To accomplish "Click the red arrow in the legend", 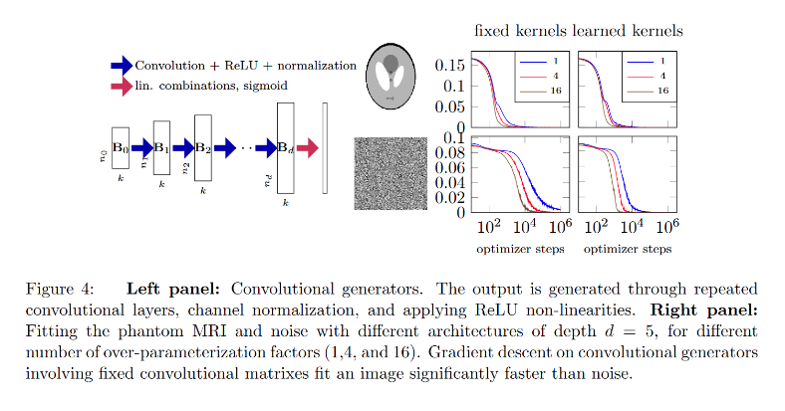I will (122, 87).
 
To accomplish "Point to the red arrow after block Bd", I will (307, 148).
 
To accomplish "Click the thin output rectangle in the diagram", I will (324, 147).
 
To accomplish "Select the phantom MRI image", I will (390, 76).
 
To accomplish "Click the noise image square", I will (390, 173).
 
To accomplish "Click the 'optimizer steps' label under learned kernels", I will (625, 249).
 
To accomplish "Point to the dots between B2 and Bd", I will (246, 148).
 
